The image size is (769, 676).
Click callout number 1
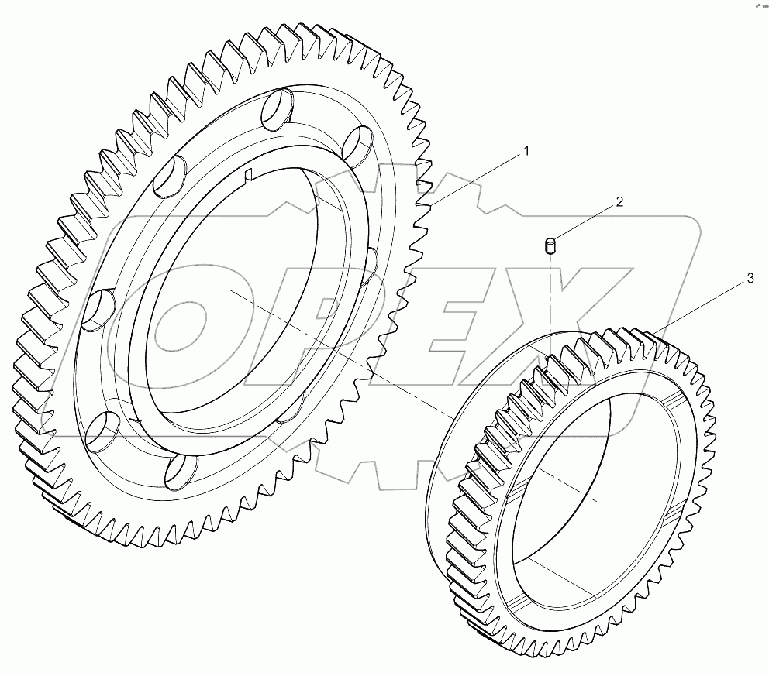[526, 152]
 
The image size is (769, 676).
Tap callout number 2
[619, 202]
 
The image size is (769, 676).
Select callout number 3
[750, 280]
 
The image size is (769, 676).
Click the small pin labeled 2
[550, 246]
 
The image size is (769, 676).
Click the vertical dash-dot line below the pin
[550, 302]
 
